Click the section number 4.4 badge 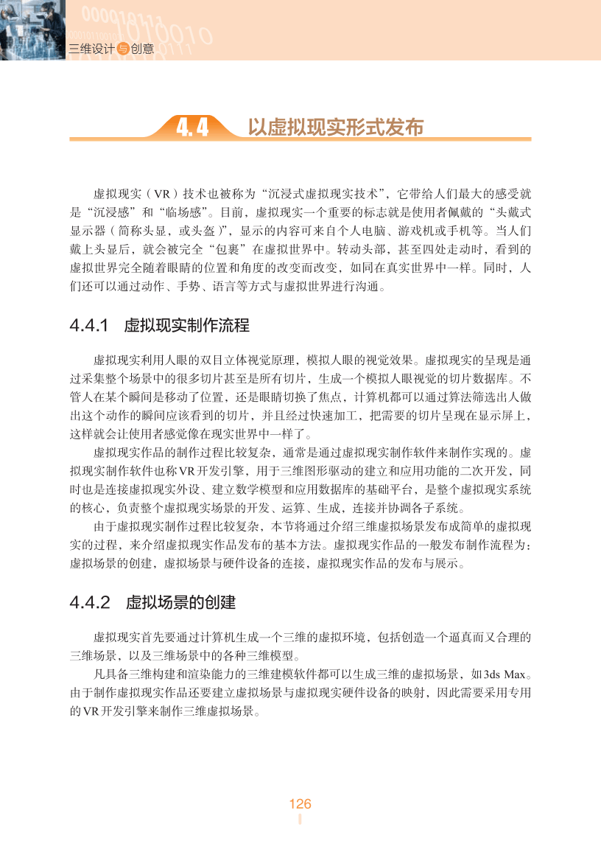[192, 127]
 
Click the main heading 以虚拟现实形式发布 [335, 127]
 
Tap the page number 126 [300, 803]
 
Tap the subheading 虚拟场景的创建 [180, 602]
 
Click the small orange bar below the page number [300, 820]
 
